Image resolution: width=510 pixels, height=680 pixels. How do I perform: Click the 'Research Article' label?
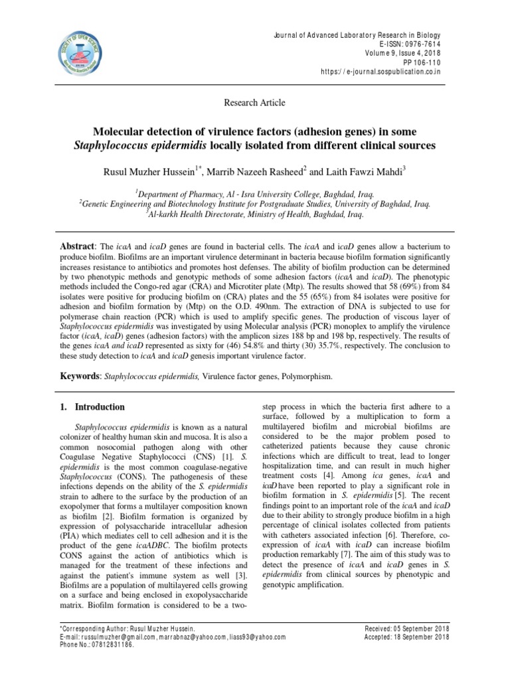pos(254,102)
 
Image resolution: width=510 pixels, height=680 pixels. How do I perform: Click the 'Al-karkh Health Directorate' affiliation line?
pos(254,216)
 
